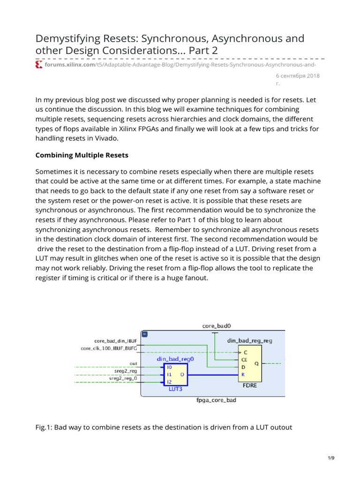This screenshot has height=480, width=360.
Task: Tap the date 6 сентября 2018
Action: click(x=297, y=76)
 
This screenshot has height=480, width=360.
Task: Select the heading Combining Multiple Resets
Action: click(x=82, y=155)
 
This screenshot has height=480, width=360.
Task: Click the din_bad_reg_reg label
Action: click(x=249, y=341)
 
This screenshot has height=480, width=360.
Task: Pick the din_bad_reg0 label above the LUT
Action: click(x=175, y=359)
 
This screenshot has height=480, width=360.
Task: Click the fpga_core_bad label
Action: click(x=216, y=401)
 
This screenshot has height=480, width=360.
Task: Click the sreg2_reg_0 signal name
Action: click(x=123, y=378)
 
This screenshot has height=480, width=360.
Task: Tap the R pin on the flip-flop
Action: click(x=242, y=375)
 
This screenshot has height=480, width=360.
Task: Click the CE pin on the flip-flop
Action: click(x=244, y=360)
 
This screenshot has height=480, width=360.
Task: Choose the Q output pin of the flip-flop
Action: click(x=256, y=363)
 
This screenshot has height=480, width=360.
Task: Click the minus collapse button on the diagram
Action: click(x=145, y=334)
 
